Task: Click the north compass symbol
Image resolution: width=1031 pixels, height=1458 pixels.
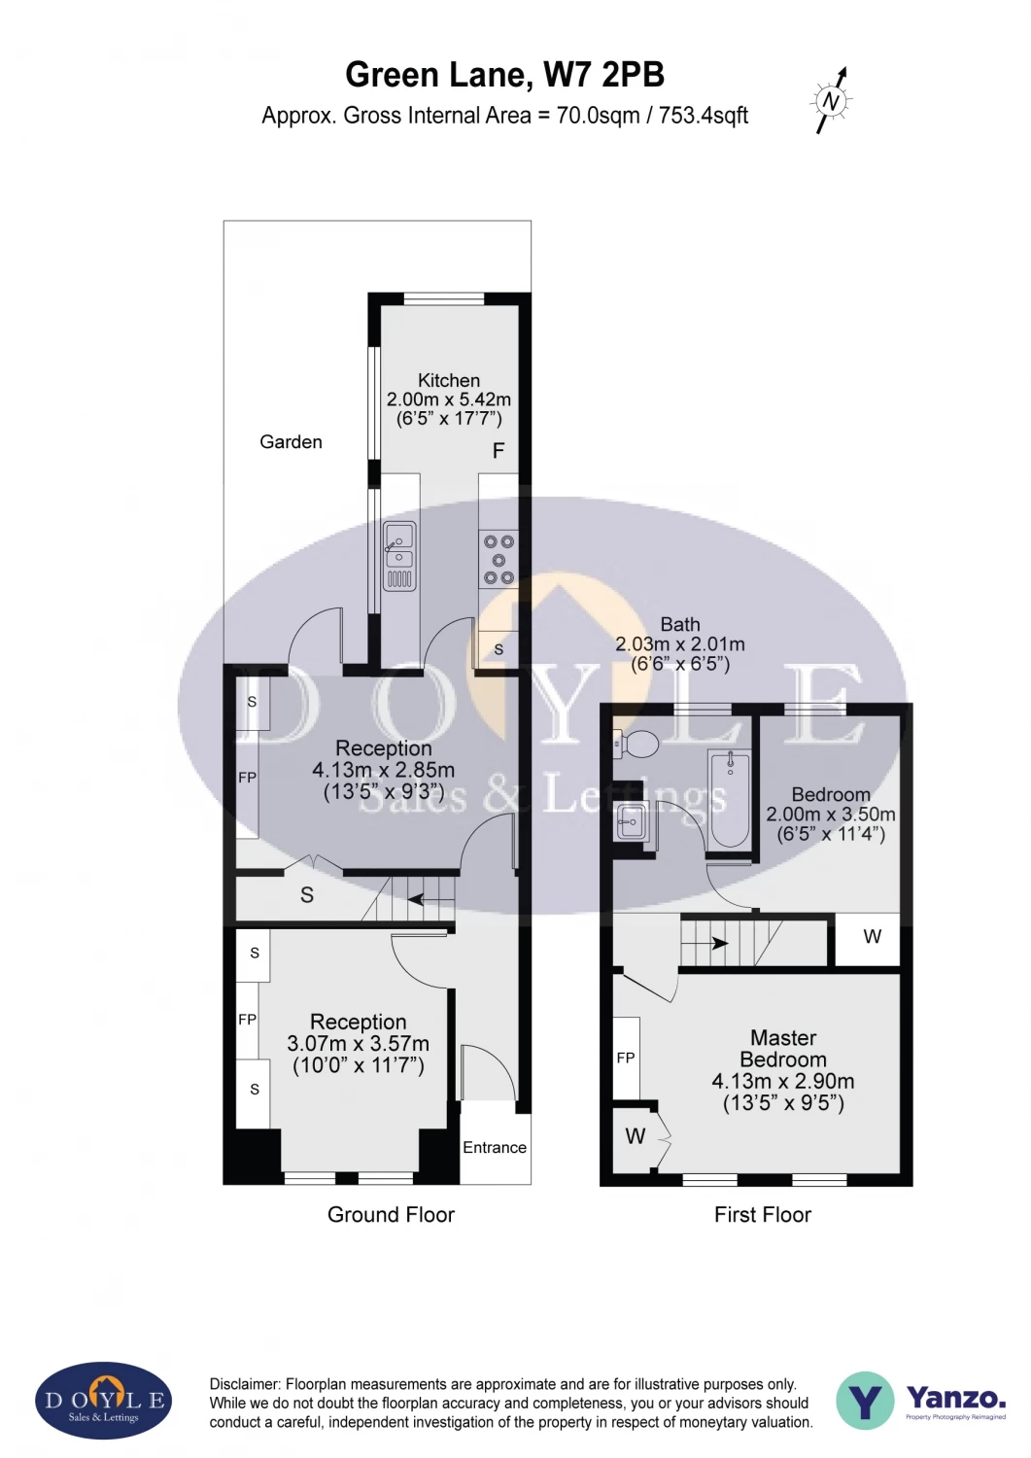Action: click(x=831, y=100)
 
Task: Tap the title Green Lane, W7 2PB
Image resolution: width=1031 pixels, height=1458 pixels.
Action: click(x=504, y=75)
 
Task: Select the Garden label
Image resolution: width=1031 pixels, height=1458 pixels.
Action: click(x=291, y=442)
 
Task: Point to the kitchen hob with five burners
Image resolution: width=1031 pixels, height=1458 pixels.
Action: click(x=498, y=560)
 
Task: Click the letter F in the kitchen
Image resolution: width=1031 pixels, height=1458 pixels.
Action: click(x=498, y=451)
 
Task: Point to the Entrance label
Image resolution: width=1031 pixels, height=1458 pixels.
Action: click(x=495, y=1148)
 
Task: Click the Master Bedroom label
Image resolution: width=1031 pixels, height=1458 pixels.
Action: click(x=783, y=1049)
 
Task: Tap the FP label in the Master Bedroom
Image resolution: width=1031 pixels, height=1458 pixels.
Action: click(x=626, y=1058)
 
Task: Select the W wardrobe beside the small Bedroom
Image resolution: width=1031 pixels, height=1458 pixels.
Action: click(x=872, y=937)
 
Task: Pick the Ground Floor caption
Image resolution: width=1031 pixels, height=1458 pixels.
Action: click(x=391, y=1215)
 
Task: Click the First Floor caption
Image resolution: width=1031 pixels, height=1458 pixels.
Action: click(x=762, y=1215)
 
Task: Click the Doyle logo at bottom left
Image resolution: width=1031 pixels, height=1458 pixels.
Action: click(x=104, y=1401)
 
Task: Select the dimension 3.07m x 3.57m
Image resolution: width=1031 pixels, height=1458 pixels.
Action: click(x=358, y=1044)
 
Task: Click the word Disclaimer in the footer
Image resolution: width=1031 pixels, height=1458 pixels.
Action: click(x=244, y=1384)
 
